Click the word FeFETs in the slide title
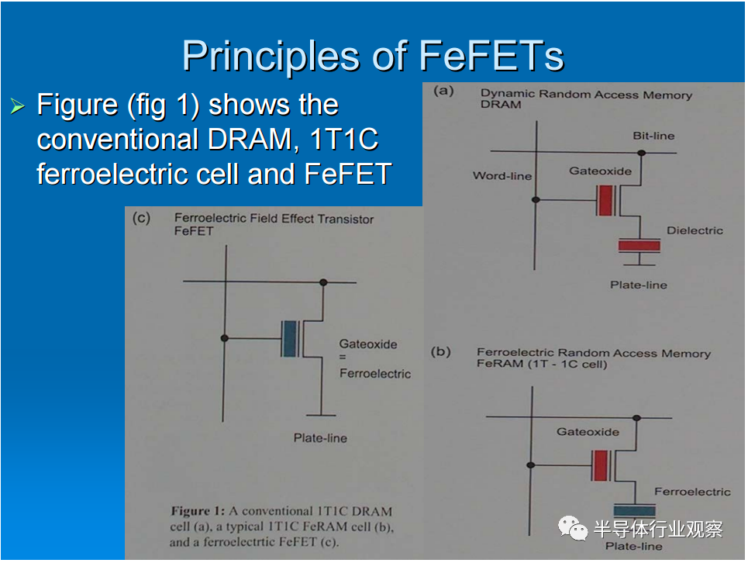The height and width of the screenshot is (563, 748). click(491, 56)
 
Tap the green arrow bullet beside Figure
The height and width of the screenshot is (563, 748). click(18, 105)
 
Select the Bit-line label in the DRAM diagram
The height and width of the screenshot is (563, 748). click(653, 136)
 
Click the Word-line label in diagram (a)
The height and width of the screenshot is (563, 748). click(502, 176)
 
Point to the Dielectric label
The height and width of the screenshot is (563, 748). click(695, 230)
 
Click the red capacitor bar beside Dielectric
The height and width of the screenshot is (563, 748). click(639, 246)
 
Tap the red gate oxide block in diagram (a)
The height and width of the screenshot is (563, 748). click(605, 200)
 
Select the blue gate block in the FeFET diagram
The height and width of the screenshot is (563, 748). click(290, 339)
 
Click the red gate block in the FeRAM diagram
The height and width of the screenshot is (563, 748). click(600, 465)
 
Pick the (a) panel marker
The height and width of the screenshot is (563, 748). click(443, 91)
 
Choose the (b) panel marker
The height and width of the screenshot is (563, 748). click(441, 351)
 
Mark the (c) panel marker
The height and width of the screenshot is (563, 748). click(141, 218)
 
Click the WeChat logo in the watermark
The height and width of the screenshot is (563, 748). click(573, 528)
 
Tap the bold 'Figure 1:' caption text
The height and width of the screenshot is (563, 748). click(198, 511)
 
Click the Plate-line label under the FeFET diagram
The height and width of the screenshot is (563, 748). click(320, 438)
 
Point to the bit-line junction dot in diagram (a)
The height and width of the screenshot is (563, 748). click(642, 153)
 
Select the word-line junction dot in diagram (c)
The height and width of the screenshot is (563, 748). click(225, 338)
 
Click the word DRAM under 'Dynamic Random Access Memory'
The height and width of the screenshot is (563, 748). click(501, 105)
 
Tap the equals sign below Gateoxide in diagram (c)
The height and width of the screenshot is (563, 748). click(343, 357)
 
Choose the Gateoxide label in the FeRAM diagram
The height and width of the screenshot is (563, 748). click(588, 432)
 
